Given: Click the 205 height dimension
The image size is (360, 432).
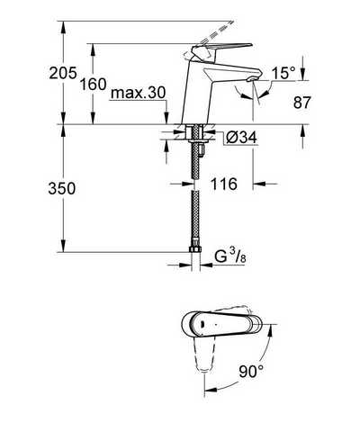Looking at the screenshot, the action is pyautogui.click(x=63, y=73).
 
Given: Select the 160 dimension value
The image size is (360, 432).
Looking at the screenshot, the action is pyautogui.click(x=93, y=84).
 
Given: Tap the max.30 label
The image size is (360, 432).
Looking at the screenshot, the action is pyautogui.click(x=139, y=93).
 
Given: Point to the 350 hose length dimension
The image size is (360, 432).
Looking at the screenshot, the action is pyautogui.click(x=62, y=189).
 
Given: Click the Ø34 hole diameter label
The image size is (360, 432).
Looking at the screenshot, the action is pyautogui.click(x=242, y=138).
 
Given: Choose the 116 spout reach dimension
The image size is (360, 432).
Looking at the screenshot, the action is pyautogui.click(x=224, y=184).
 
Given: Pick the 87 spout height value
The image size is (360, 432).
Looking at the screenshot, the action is pyautogui.click(x=301, y=103).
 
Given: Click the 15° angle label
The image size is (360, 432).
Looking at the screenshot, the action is pyautogui.click(x=283, y=73).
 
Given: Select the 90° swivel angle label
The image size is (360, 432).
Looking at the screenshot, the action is pyautogui.click(x=251, y=372).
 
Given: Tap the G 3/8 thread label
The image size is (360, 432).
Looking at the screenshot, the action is pyautogui.click(x=230, y=256).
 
